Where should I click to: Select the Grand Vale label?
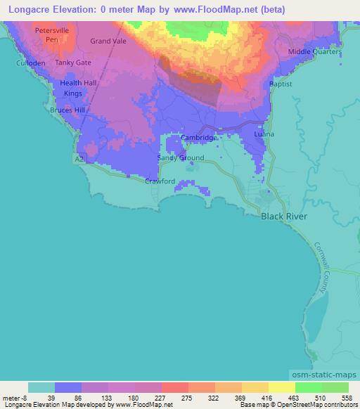[x=108, y=41]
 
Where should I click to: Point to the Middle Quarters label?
[x=314, y=53]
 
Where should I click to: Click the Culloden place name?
[x=30, y=63]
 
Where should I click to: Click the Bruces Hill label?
[x=67, y=110]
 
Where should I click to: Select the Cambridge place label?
[x=200, y=138]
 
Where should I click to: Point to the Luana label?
[x=264, y=134]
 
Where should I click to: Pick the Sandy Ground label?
[x=181, y=158]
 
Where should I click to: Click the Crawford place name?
[x=160, y=181]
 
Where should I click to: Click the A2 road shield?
[x=81, y=160]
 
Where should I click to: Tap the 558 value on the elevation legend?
[x=346, y=398]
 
